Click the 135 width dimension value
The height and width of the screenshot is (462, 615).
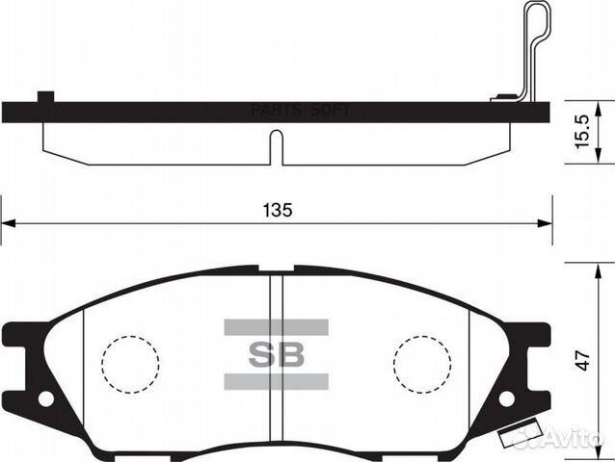[277, 209]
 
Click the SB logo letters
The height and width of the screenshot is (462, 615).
[277, 354]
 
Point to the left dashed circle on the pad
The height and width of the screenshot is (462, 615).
[129, 364]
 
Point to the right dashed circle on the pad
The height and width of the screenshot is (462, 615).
[422, 364]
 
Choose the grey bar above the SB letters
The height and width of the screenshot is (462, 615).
[277, 327]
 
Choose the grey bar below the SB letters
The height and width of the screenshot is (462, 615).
[277, 382]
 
